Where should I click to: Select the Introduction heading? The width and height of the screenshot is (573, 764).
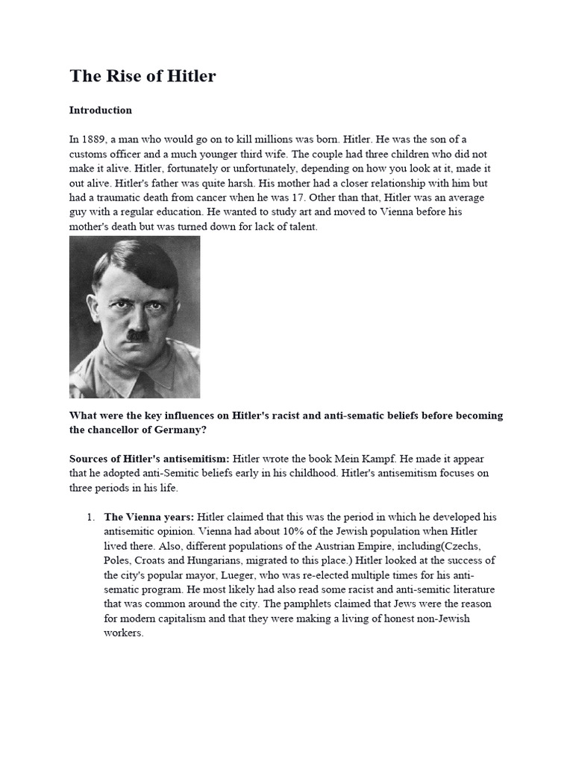[101, 110]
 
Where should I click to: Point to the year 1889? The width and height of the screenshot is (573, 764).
[96, 140]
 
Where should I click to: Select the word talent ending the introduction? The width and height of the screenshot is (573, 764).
[300, 227]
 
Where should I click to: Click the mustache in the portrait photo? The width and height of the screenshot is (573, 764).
[135, 335]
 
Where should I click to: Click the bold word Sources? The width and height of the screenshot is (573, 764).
[92, 459]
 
